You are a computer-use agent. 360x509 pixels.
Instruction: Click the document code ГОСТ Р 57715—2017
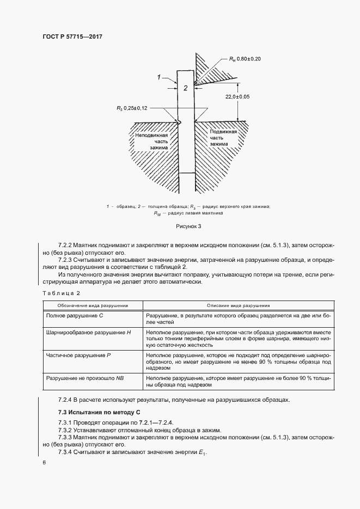point(73,36)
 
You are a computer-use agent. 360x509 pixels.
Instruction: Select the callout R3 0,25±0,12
point(134,108)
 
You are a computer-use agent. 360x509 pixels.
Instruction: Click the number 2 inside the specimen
point(185,88)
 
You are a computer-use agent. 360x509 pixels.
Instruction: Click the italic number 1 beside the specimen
point(159,77)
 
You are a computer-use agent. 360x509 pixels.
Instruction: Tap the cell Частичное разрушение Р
point(79,354)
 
